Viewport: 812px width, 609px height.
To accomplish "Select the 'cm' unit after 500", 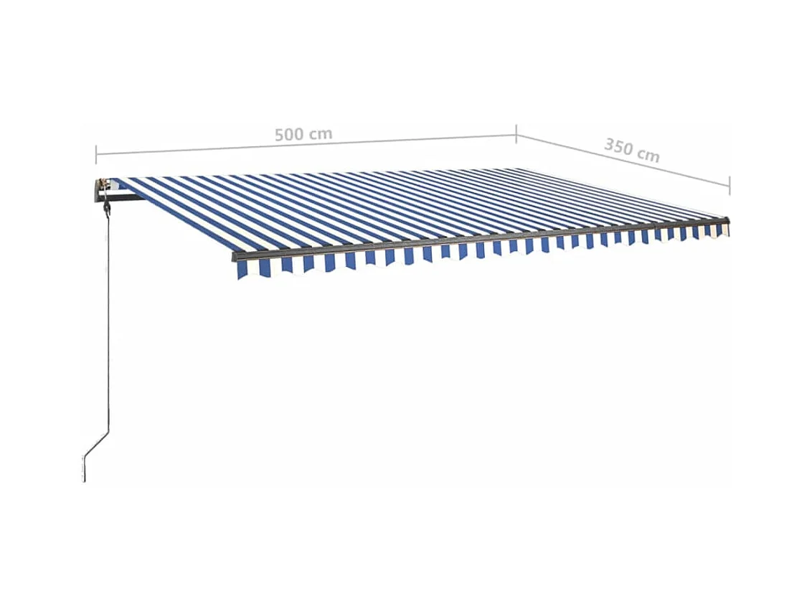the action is click(320, 133).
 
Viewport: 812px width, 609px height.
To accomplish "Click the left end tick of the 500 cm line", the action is click(96, 153).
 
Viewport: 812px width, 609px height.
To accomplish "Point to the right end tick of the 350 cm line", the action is click(730, 185).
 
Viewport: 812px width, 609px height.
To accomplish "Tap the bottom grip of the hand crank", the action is click(85, 470).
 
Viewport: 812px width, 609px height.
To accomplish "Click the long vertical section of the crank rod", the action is click(108, 323).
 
